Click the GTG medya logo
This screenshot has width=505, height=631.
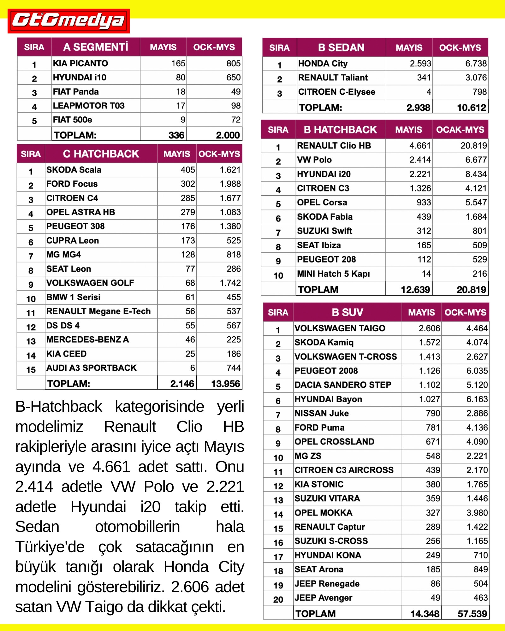coord(68,21)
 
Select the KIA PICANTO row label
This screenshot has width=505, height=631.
coord(80,63)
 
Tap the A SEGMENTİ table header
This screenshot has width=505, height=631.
coord(96,47)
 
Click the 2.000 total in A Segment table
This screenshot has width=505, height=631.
coord(228,135)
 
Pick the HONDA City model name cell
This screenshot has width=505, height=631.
coord(323,64)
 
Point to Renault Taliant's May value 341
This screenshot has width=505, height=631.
coord(424,78)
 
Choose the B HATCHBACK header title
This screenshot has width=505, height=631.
coord(340,130)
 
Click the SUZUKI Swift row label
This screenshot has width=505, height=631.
coord(324,231)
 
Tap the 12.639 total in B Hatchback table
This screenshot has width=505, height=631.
coord(415,289)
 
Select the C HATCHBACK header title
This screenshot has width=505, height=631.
coord(101,154)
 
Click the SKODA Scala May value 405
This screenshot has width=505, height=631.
coord(188,170)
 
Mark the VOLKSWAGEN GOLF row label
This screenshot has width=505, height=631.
coord(90,283)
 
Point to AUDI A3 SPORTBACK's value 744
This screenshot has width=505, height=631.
coord(234,368)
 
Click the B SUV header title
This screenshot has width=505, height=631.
coord(347,312)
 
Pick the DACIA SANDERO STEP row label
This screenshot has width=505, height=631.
coord(343,385)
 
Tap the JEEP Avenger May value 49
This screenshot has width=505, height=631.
coord(435,598)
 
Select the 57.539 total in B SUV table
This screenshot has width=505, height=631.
coord(472,614)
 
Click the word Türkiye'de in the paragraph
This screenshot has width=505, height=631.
coord(50,547)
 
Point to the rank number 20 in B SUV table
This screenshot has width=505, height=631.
coord(278,599)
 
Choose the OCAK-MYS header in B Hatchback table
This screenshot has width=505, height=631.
coord(460,130)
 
